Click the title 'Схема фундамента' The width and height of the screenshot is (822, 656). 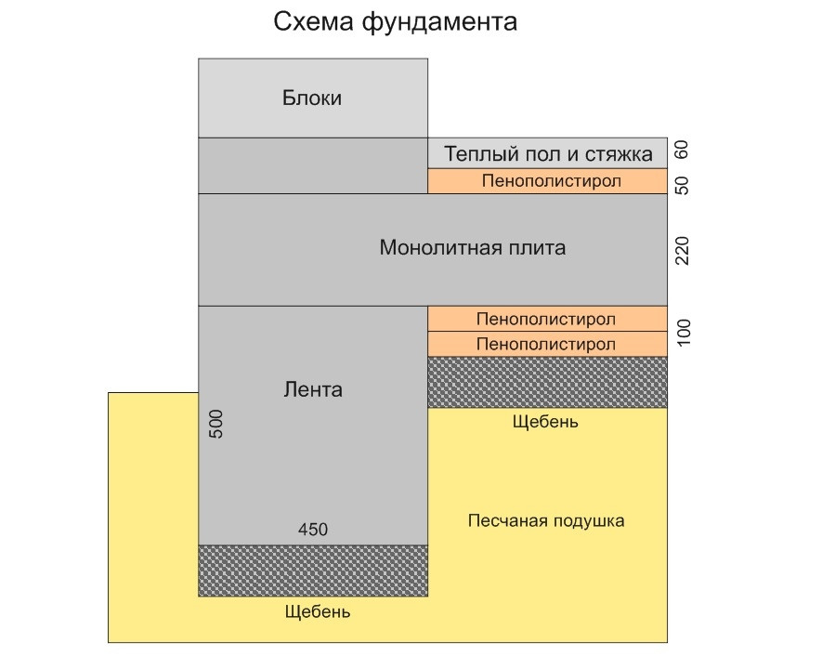click(395, 22)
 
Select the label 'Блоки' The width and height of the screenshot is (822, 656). click(312, 98)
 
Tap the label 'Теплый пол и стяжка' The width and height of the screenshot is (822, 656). click(548, 152)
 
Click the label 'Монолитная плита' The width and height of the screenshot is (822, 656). click(472, 248)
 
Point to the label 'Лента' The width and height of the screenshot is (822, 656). click(312, 389)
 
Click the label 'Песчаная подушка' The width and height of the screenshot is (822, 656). click(546, 520)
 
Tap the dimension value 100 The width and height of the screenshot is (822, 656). click(685, 332)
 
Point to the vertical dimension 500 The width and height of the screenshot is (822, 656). click(216, 422)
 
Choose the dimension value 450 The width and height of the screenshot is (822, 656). click(312, 530)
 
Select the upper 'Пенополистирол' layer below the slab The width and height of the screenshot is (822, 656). click(546, 319)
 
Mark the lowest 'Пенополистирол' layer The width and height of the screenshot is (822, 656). click(546, 344)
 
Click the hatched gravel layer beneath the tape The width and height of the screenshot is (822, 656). click(313, 570)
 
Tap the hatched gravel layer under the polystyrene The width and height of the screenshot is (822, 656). click(547, 382)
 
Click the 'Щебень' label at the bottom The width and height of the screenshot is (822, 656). click(318, 612)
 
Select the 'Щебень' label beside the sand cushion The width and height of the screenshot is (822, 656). click(545, 422)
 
